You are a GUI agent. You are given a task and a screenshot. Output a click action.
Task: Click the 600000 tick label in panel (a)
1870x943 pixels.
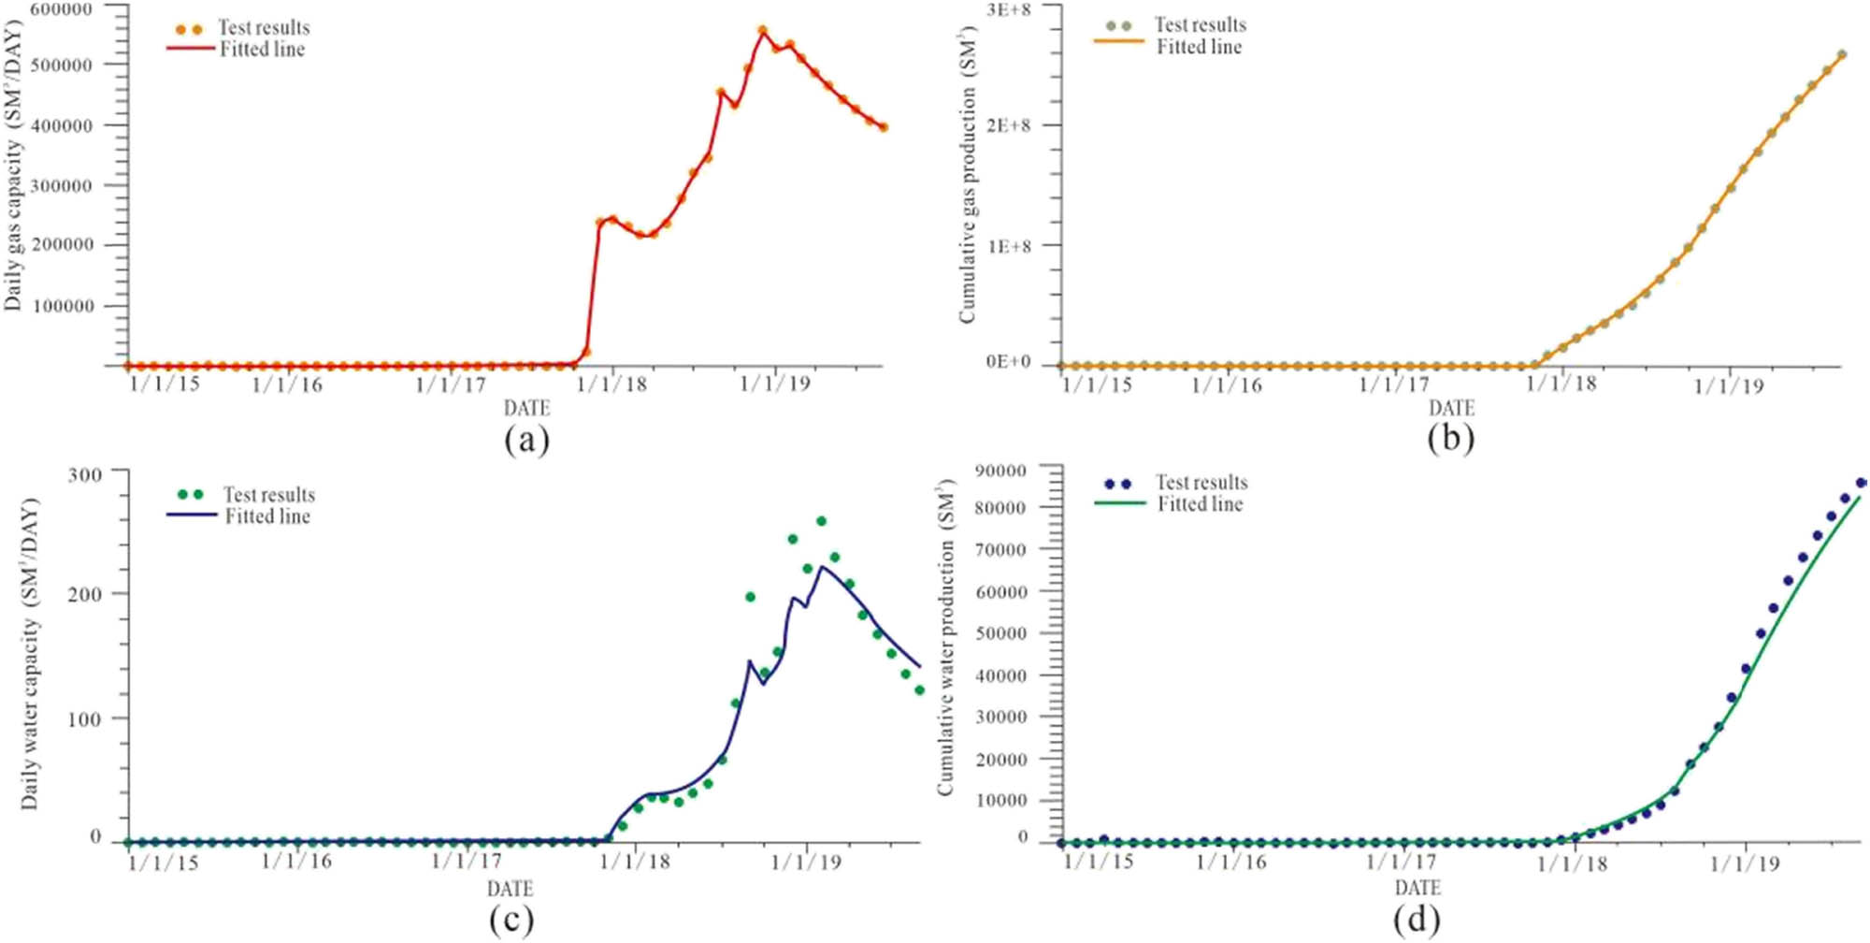62,9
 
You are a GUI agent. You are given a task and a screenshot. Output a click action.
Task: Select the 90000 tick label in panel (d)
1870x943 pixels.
1000,470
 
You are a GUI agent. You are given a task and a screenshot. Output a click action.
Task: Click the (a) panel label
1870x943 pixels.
526,439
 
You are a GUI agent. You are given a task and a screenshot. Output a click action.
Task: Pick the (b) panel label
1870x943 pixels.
1450,438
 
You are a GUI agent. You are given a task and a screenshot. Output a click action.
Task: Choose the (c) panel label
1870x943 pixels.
511,920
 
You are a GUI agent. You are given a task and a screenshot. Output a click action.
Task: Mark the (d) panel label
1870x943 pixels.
1417,920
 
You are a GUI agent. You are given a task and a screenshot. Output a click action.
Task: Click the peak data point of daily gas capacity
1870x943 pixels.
763,31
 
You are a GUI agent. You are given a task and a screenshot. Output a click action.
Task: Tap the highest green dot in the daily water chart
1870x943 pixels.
821,521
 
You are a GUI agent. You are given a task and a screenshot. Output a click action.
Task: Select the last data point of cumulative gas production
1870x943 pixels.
1842,54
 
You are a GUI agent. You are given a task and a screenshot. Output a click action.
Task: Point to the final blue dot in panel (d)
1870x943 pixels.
1861,483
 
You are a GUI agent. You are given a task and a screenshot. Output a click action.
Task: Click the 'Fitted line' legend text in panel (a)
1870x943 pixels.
262,50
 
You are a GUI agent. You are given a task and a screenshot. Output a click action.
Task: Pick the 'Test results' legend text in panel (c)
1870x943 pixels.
268,494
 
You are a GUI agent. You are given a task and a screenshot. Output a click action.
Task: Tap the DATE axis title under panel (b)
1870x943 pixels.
1451,408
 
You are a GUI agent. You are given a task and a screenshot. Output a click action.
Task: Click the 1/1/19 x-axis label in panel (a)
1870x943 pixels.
774,384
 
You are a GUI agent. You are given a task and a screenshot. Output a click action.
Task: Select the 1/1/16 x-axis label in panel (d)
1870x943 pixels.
1230,862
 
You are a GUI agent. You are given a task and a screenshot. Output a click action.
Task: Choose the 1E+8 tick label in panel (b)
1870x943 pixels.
1009,246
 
